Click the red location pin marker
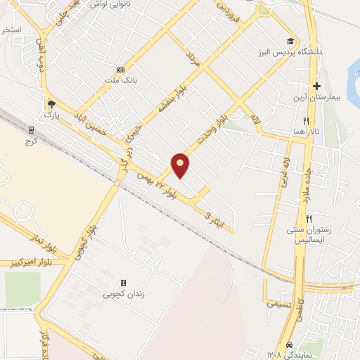(x=181, y=165)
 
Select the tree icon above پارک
(x=50, y=103)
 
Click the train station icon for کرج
(x=30, y=129)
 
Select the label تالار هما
(x=308, y=131)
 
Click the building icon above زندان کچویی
(x=124, y=283)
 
